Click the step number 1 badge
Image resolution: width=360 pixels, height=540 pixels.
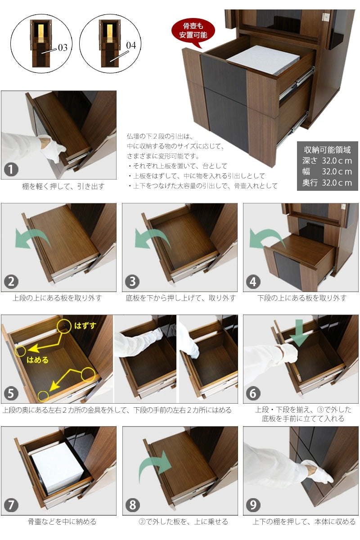tap(11, 170)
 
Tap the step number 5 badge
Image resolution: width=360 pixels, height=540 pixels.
tap(11, 393)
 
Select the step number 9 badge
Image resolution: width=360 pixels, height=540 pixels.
tap(253, 505)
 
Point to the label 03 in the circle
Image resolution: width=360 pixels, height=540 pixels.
tap(63, 48)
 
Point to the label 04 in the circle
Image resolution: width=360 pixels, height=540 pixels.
tap(131, 45)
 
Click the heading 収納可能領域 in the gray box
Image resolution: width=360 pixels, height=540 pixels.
tap(327, 150)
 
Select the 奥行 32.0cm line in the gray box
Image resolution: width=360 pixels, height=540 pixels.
tap(327, 183)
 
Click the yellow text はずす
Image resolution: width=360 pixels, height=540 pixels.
tap(85, 325)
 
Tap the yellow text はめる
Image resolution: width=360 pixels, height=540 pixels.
tap(37, 360)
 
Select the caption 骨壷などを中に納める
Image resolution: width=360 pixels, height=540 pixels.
tap(62, 522)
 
